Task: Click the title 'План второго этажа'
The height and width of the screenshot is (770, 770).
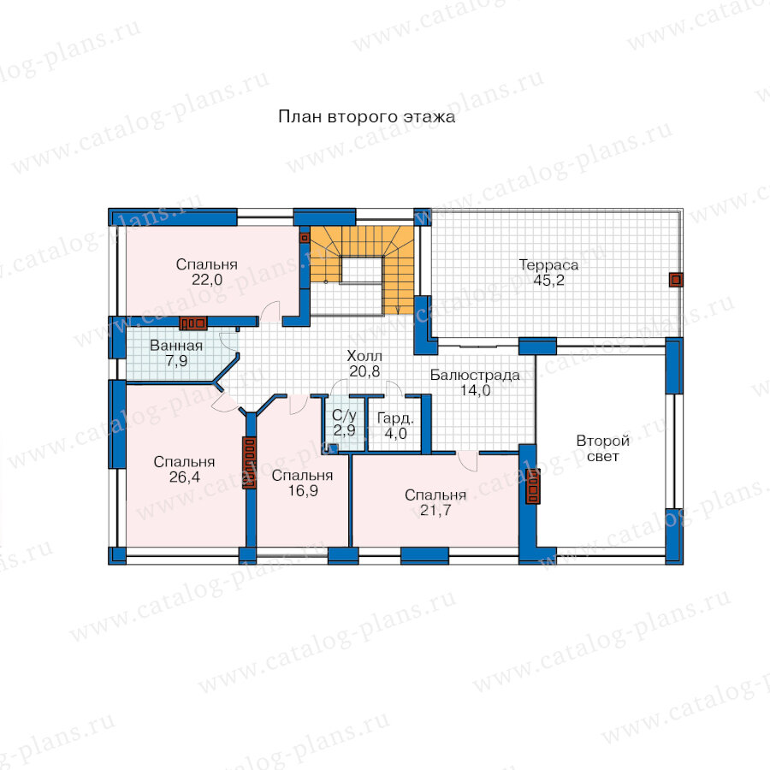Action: [366, 117]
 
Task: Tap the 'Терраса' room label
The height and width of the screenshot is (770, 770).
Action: [548, 265]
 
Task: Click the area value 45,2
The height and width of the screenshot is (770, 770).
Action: [548, 281]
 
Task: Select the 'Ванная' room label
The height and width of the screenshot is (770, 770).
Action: [176, 346]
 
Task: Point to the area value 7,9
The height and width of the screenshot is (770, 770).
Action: [176, 361]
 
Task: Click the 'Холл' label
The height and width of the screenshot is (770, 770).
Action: [364, 356]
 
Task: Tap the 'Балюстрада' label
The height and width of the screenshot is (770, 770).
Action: [475, 376]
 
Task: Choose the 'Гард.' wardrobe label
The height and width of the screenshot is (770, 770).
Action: [395, 418]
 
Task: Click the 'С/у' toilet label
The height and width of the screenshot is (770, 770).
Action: [344, 416]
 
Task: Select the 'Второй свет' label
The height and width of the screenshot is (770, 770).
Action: [603, 448]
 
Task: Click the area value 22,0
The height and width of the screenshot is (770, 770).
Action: [207, 280]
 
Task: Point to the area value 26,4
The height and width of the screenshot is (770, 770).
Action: [184, 477]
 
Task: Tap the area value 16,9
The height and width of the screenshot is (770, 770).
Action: [303, 490]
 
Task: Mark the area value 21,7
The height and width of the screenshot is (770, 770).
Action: [435, 511]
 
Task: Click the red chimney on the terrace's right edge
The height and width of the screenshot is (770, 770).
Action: [676, 280]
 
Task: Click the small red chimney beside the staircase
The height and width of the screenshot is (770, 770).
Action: [305, 238]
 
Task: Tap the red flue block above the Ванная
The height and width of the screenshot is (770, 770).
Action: [193, 323]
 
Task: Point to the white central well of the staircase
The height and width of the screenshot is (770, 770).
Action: [361, 270]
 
